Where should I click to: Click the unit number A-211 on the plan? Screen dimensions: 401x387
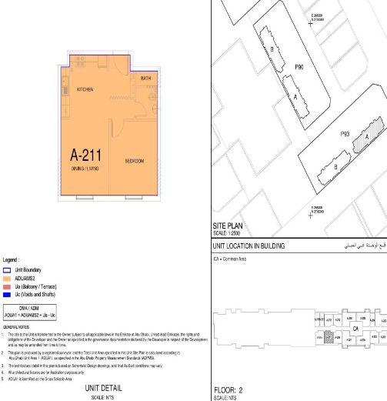[89, 152]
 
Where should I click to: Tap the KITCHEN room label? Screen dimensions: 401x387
[85, 89]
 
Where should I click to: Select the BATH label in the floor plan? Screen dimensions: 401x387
[145, 79]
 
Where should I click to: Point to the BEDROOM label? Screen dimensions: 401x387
[135, 161]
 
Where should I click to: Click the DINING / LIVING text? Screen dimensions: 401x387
[87, 168]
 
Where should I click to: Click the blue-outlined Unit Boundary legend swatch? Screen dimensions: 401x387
[7, 270]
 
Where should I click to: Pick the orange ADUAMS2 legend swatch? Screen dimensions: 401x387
[7, 278]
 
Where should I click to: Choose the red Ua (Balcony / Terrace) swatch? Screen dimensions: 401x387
[7, 286]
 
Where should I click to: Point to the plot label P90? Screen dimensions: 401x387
[299, 68]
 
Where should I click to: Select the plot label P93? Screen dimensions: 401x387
[345, 134]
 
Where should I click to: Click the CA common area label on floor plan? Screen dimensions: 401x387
[355, 326]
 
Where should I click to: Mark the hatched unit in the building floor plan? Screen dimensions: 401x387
[329, 336]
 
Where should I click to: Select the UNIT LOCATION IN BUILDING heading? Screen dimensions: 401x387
[249, 246]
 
